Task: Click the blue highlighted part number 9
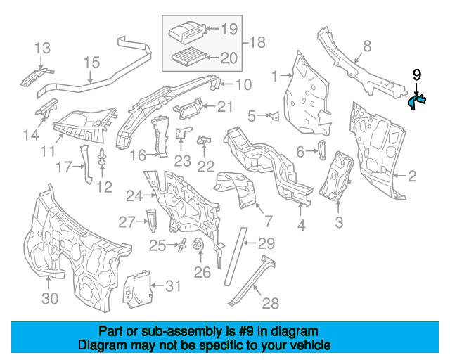pyautogui.click(x=416, y=101)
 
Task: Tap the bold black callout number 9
pyautogui.click(x=417, y=75)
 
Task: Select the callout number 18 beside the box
pyautogui.click(x=257, y=42)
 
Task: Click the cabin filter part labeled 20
pyautogui.click(x=189, y=56)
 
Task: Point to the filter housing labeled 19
pyautogui.click(x=186, y=32)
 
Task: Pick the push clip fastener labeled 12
pyautogui.click(x=102, y=157)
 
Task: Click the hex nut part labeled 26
pyautogui.click(x=198, y=245)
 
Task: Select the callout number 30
pyautogui.click(x=50, y=299)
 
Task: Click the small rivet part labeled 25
pyautogui.click(x=182, y=245)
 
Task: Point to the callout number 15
pyautogui.click(x=92, y=63)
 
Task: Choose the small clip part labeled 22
pyautogui.click(x=204, y=141)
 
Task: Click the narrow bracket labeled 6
pyautogui.click(x=322, y=150)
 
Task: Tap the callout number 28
pyautogui.click(x=270, y=304)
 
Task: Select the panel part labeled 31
pyautogui.click(x=138, y=290)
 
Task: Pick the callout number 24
pyautogui.click(x=134, y=196)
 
